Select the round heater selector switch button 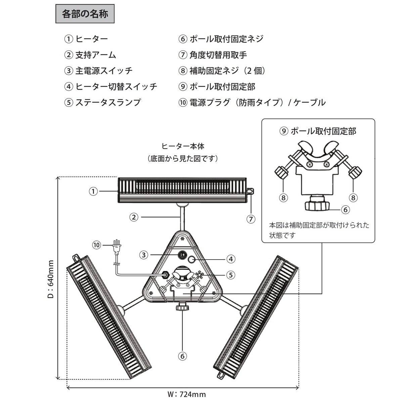coord(192,259)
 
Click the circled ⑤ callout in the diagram coord(230,275)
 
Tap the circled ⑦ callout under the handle coord(251,219)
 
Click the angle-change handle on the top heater coord(250,191)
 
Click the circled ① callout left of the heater coord(93,191)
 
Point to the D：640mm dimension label coord(51,279)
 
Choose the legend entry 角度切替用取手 coord(218,55)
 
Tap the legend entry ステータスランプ coord(108,102)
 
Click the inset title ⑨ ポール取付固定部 coord(318,131)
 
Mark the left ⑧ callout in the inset coord(284,198)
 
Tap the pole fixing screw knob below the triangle coord(182,307)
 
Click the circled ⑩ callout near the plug coord(97,245)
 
